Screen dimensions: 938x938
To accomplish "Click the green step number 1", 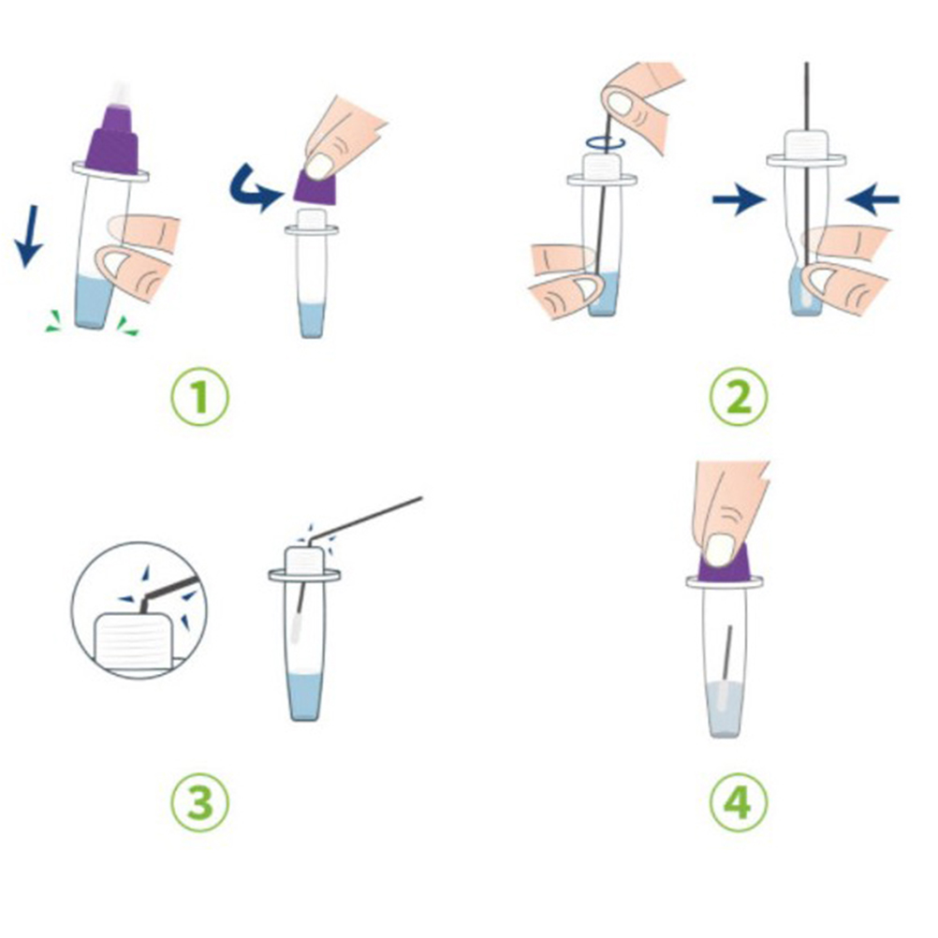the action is (x=199, y=397).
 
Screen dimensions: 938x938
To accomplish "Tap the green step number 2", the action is (x=739, y=397).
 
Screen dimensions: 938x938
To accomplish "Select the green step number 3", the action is (x=199, y=801).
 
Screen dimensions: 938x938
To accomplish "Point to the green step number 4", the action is (x=739, y=801).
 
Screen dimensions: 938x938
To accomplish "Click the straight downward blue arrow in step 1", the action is (x=28, y=236).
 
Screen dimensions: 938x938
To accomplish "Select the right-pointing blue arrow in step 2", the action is (x=740, y=199).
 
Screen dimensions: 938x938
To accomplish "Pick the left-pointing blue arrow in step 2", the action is (x=872, y=199).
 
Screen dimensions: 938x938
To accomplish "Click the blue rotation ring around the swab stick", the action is (x=606, y=142).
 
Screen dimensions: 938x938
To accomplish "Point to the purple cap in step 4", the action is (x=725, y=565).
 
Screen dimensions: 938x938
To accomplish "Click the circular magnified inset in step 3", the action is (x=139, y=609).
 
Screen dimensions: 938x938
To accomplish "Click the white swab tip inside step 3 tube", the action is (x=296, y=627).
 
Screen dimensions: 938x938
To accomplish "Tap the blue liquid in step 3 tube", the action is (x=304, y=696).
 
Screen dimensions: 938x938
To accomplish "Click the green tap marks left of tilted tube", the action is (x=55, y=322).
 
